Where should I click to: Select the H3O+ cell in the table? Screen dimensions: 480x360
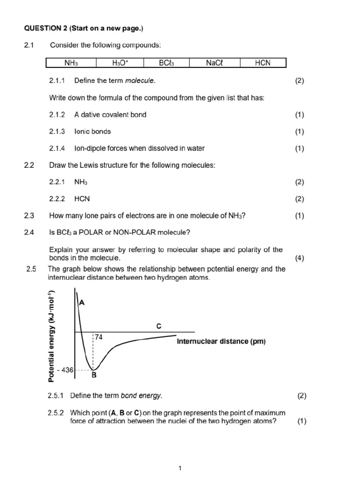[x=120, y=63]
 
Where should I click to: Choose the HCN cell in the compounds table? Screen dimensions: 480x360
[x=262, y=63]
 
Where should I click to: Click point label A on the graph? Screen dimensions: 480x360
[x=82, y=303]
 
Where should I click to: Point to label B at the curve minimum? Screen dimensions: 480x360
[x=94, y=375]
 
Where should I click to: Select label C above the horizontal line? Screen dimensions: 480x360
[x=159, y=326]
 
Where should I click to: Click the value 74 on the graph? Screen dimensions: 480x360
[x=99, y=337]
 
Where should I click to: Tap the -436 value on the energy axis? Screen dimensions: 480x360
[x=65, y=370]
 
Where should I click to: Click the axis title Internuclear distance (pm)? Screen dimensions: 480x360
[x=221, y=342]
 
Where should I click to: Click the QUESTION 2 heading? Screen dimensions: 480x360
[x=83, y=29]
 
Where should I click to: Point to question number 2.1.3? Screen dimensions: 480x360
[x=57, y=132]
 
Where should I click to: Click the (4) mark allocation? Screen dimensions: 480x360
[x=300, y=258]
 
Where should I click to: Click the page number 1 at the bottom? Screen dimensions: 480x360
[x=180, y=468]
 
